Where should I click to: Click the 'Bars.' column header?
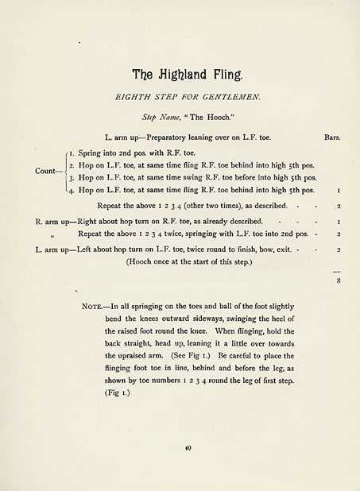pyautogui.click(x=333, y=137)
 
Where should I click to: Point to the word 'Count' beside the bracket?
pyautogui.click(x=45, y=171)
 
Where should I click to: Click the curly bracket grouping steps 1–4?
pyautogui.click(x=62, y=171)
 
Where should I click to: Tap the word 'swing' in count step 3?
pyautogui.click(x=195, y=177)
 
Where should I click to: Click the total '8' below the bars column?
pyautogui.click(x=339, y=280)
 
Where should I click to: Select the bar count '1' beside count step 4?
pyautogui.click(x=339, y=191)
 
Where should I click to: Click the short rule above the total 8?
pyautogui.click(x=338, y=271)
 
